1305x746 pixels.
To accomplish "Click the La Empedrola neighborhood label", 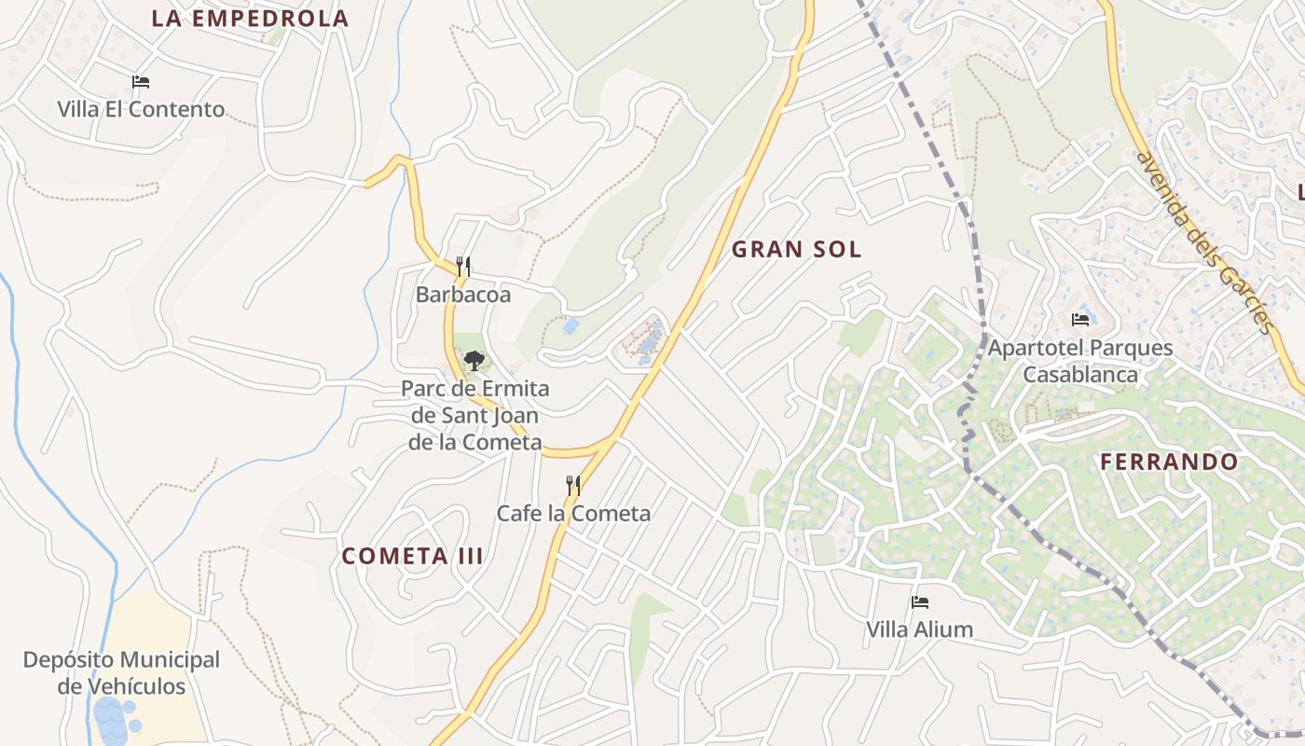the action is (250, 18).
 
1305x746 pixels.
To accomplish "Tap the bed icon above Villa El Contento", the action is (141, 82).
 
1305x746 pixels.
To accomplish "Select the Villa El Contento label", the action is (141, 109).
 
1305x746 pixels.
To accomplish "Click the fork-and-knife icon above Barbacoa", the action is (462, 267).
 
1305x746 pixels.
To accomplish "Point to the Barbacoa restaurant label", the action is (463, 295).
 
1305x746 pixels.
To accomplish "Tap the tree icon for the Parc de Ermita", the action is (474, 360).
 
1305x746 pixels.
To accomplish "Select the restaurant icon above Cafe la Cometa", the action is (573, 485).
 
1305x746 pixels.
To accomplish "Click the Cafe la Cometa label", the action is (573, 513).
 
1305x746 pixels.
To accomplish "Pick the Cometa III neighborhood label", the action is (412, 557).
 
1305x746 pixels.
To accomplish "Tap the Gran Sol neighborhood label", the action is (796, 249).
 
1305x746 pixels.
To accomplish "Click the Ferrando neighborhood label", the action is (1169, 462).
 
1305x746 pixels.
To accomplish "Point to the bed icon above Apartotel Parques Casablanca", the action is (1080, 320).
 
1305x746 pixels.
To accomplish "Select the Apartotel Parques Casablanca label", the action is (1080, 361).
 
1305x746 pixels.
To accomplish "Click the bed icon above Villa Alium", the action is (920, 602).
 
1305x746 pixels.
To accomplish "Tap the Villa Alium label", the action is (920, 629).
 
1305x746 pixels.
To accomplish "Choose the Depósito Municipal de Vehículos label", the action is (121, 673).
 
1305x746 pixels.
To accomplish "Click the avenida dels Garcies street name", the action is (1202, 242).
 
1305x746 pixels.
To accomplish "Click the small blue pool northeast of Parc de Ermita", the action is (570, 326).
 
